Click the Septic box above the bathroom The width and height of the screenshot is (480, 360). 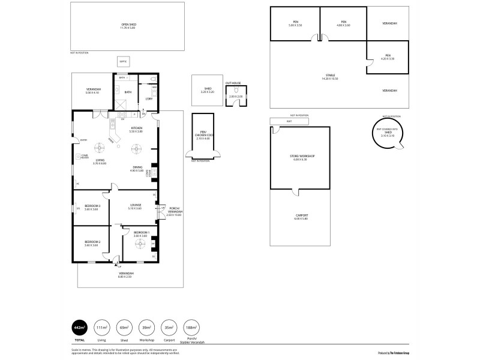pyautogui.click(x=122, y=61)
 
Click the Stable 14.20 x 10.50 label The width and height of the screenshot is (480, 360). pyautogui.click(x=329, y=77)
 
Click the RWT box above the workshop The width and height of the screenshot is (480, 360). pyautogui.click(x=289, y=121)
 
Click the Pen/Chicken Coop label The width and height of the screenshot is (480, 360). pyautogui.click(x=201, y=136)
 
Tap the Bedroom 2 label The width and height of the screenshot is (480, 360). pyautogui.click(x=92, y=243)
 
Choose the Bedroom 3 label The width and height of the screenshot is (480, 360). pyautogui.click(x=92, y=207)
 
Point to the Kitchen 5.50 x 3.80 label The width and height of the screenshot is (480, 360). pyautogui.click(x=136, y=130)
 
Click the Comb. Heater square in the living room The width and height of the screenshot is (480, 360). pyautogui.click(x=78, y=157)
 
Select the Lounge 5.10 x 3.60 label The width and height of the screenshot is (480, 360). pyautogui.click(x=136, y=206)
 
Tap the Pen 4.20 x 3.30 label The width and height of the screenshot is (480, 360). pyautogui.click(x=388, y=57)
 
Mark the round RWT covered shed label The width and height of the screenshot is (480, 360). pyautogui.click(x=388, y=134)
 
